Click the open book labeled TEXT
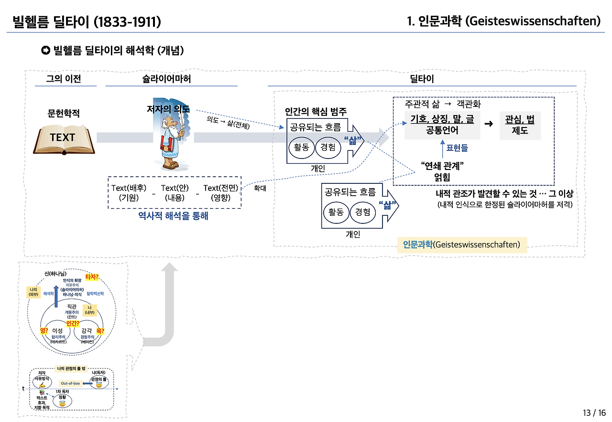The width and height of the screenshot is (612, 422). click(x=64, y=138)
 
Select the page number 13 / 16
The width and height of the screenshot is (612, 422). click(x=594, y=412)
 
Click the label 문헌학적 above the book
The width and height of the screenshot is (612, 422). click(x=64, y=113)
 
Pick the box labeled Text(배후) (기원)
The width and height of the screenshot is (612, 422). click(x=129, y=193)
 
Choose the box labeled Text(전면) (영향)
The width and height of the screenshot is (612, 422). click(x=220, y=193)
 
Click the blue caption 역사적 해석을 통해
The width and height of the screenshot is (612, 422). click(x=173, y=216)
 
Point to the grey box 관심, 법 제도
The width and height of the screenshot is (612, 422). click(x=520, y=126)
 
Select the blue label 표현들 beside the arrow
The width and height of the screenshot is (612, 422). click(x=457, y=148)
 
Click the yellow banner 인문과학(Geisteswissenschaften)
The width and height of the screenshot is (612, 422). click(x=461, y=245)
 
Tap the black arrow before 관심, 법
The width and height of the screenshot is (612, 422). click(x=489, y=124)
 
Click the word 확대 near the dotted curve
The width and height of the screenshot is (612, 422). click(x=260, y=188)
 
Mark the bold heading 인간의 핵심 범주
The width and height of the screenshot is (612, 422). click(x=316, y=112)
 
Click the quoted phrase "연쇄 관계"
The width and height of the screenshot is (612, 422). click(x=443, y=166)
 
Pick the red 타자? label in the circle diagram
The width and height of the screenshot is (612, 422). click(x=91, y=277)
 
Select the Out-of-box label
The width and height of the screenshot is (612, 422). click(x=70, y=383)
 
